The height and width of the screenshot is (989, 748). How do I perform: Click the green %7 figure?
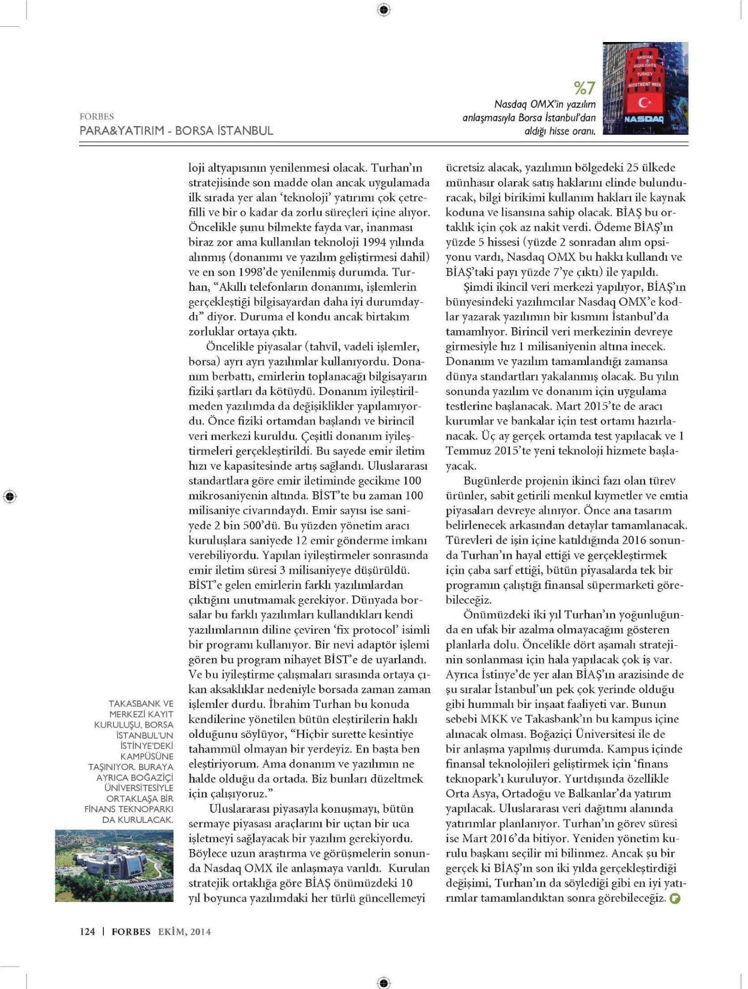coord(584,88)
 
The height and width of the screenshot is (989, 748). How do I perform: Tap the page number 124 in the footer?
coord(87,932)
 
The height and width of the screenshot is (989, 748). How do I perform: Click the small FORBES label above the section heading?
coord(97,116)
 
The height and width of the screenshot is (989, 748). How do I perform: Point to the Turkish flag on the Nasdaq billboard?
coord(645,102)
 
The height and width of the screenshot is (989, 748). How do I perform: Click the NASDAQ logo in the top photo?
coord(644,119)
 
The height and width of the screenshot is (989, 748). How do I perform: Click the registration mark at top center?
coord(383,10)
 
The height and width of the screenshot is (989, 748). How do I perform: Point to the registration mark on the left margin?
coord(10,496)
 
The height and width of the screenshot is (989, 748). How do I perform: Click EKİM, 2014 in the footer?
coord(184,932)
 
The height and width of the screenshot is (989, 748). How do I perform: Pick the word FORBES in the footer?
coord(131,932)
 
